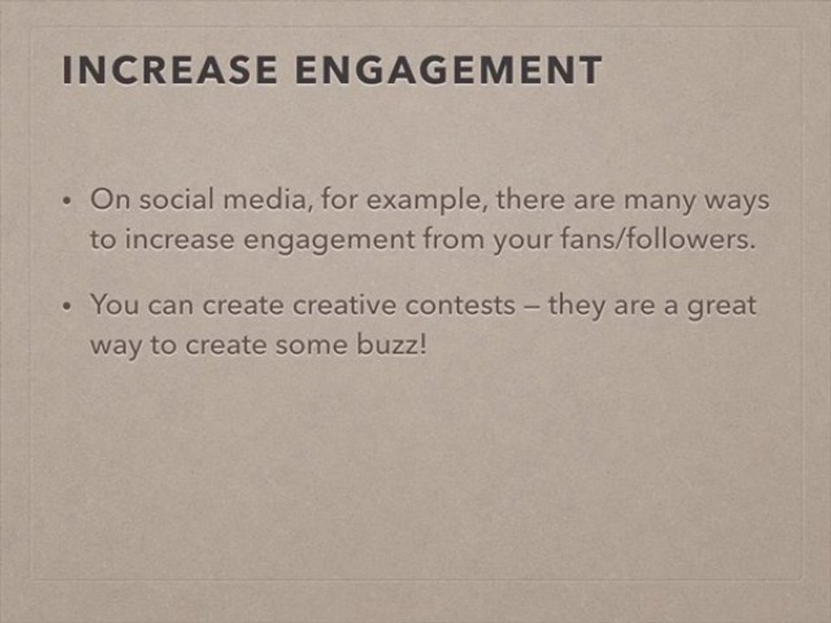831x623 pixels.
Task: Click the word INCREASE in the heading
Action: coord(169,71)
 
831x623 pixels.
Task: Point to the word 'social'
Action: coord(178,201)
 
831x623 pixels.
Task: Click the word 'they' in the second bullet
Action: coord(577,305)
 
